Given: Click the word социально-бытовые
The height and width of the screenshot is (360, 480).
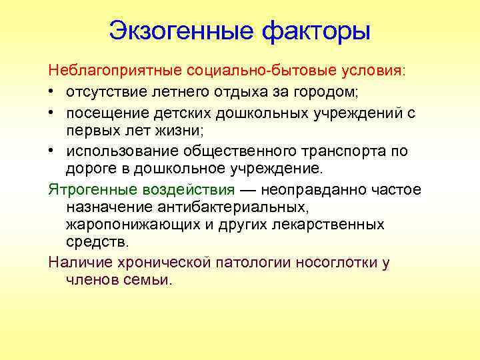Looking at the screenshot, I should [257, 69].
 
